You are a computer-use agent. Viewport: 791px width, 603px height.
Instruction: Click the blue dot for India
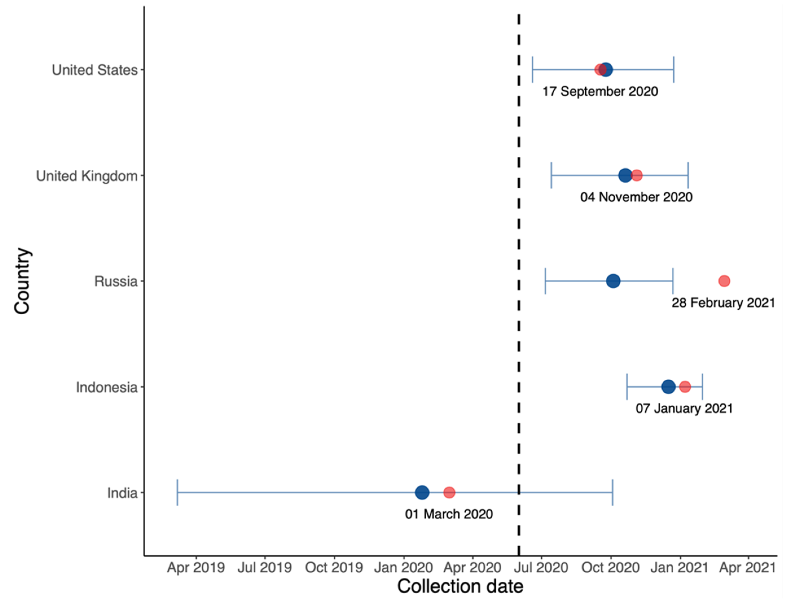[422, 492]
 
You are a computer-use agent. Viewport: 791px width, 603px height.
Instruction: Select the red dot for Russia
[724, 281]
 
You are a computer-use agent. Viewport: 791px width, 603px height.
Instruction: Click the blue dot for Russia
[613, 281]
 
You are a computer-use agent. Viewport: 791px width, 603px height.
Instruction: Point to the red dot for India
[449, 492]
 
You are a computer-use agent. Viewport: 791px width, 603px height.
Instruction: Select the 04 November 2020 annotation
[636, 197]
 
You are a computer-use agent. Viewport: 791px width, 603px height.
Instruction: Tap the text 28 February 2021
[723, 302]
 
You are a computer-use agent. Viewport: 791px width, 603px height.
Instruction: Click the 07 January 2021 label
[684, 408]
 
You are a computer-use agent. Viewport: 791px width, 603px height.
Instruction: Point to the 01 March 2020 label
[449, 514]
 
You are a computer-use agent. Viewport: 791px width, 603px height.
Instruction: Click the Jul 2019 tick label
[265, 567]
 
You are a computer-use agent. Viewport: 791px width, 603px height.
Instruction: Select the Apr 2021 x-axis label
[748, 567]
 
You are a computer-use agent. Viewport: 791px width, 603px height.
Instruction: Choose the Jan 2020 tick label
[403, 567]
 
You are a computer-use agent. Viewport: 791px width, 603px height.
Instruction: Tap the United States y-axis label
[95, 70]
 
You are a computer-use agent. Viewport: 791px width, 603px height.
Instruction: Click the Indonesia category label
[107, 387]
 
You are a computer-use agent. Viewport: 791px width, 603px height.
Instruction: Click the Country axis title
[22, 281]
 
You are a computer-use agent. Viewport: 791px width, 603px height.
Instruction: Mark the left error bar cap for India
[177, 492]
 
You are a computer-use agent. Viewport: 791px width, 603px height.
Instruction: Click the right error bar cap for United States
[674, 69]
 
